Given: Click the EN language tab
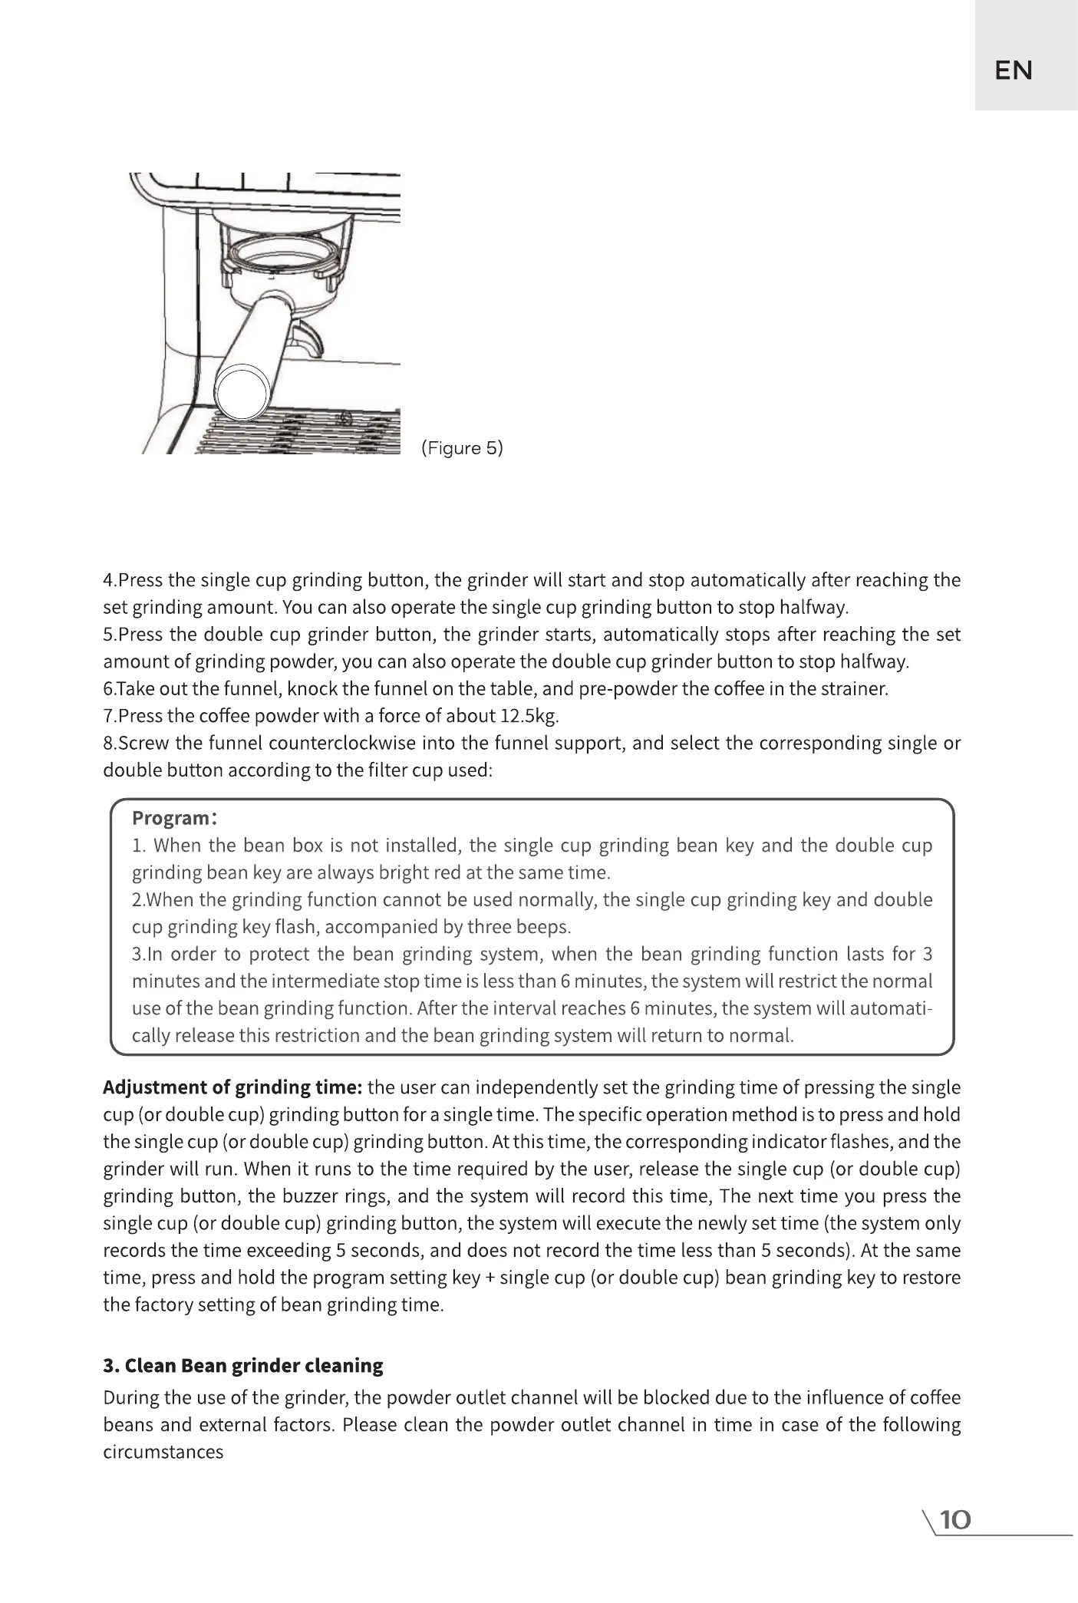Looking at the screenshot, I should pyautogui.click(x=1013, y=71).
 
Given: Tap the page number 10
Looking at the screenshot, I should pyautogui.click(x=955, y=1520).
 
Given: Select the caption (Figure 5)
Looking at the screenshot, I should pyautogui.click(x=462, y=448).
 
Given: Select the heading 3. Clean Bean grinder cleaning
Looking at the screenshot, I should pyautogui.click(x=243, y=1366).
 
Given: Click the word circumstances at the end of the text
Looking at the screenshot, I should pyautogui.click(x=163, y=1453).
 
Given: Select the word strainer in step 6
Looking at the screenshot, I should pyautogui.click(x=855, y=689).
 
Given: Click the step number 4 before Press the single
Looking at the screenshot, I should pyautogui.click(x=108, y=580).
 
